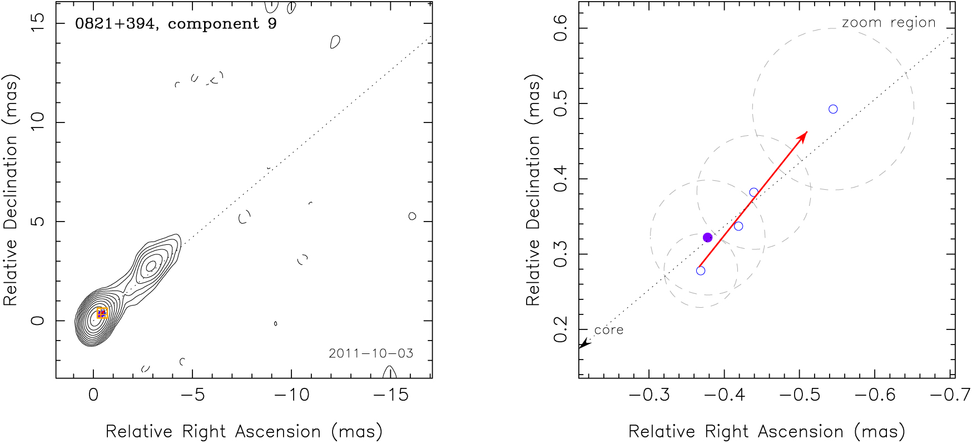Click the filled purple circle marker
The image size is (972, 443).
point(707,238)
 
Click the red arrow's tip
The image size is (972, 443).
point(807,132)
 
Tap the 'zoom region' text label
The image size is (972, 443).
point(889,23)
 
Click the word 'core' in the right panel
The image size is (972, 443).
point(609,330)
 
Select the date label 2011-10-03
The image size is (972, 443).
point(371,353)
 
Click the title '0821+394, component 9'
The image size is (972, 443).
point(176,24)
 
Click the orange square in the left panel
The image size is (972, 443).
point(102,313)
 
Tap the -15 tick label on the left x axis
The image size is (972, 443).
point(390,395)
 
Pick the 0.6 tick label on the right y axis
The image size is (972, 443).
point(561,28)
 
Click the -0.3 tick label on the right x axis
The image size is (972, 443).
point(648,395)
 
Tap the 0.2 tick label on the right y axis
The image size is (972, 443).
point(561,329)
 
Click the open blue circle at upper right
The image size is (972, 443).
point(833,109)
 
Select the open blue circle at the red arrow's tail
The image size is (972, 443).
point(701,271)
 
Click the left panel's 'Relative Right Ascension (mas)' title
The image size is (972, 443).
point(244,432)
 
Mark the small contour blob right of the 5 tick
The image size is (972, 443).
point(412,216)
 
